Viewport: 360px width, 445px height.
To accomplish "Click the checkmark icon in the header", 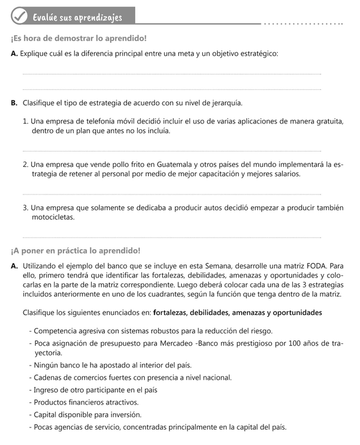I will (x=18, y=17).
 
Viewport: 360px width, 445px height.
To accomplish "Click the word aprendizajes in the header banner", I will (x=94, y=18).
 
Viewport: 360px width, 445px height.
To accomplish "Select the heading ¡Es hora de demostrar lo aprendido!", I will (x=78, y=39).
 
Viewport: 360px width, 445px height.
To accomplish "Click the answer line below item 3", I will (x=172, y=237).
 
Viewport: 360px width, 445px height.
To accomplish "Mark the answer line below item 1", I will (x=172, y=150).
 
